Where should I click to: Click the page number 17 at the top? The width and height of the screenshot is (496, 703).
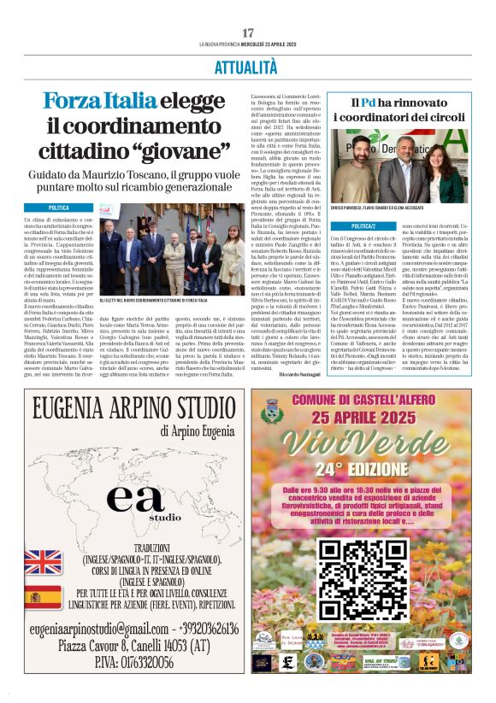(248, 32)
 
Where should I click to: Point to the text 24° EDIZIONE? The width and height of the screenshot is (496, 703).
(365, 469)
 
